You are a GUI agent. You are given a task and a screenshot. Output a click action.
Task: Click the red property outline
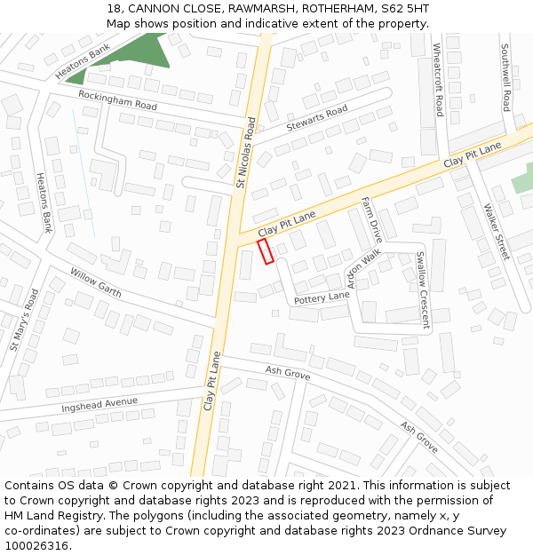[266, 251]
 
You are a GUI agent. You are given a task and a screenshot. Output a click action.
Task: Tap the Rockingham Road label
[117, 99]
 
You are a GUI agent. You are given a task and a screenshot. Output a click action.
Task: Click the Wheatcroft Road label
[438, 80]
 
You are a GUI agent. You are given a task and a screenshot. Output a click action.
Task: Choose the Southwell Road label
[505, 76]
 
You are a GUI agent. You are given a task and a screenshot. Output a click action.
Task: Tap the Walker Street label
[497, 232]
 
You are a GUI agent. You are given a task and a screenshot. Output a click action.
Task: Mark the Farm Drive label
[371, 220]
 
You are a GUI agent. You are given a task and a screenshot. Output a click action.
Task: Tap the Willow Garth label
[95, 283]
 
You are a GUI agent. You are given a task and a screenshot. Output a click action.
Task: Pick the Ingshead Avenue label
[99, 405]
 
